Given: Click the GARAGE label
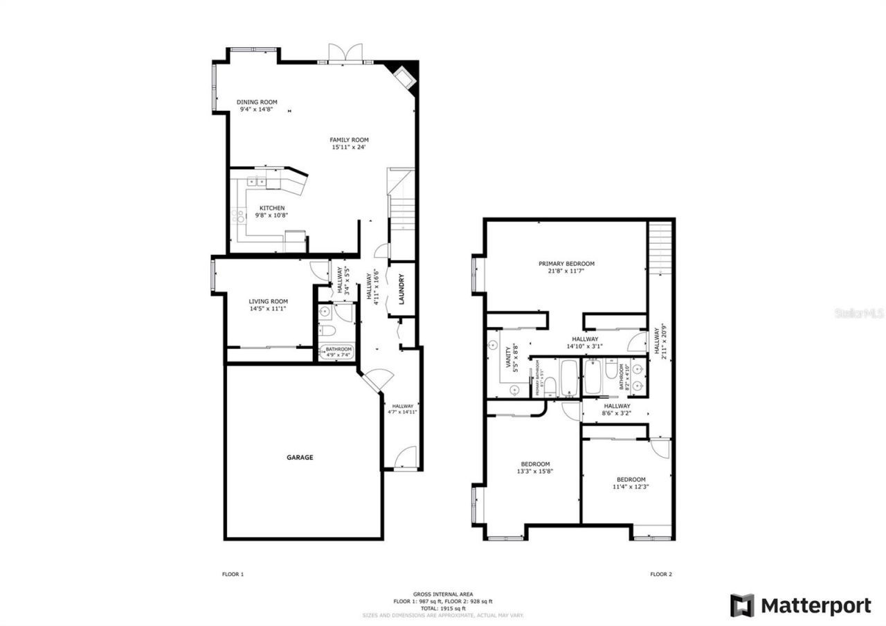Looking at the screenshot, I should [x=300, y=457].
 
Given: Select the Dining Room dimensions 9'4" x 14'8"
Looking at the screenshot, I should [x=257, y=109].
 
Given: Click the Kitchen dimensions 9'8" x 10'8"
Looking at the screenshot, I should [x=271, y=215].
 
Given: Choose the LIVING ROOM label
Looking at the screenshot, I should [x=268, y=301].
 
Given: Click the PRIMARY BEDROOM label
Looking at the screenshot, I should [x=566, y=264].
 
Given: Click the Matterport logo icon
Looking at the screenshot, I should [x=742, y=605].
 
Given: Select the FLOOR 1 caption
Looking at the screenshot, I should [x=233, y=574].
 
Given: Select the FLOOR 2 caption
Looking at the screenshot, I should [x=660, y=574].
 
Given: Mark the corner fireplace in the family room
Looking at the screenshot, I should [x=404, y=76].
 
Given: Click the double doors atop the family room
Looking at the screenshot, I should [x=345, y=54].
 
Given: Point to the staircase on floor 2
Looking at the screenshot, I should [x=661, y=247].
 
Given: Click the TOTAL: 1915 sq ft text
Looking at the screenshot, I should [x=443, y=608].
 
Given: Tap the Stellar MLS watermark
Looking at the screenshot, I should [x=859, y=313].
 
